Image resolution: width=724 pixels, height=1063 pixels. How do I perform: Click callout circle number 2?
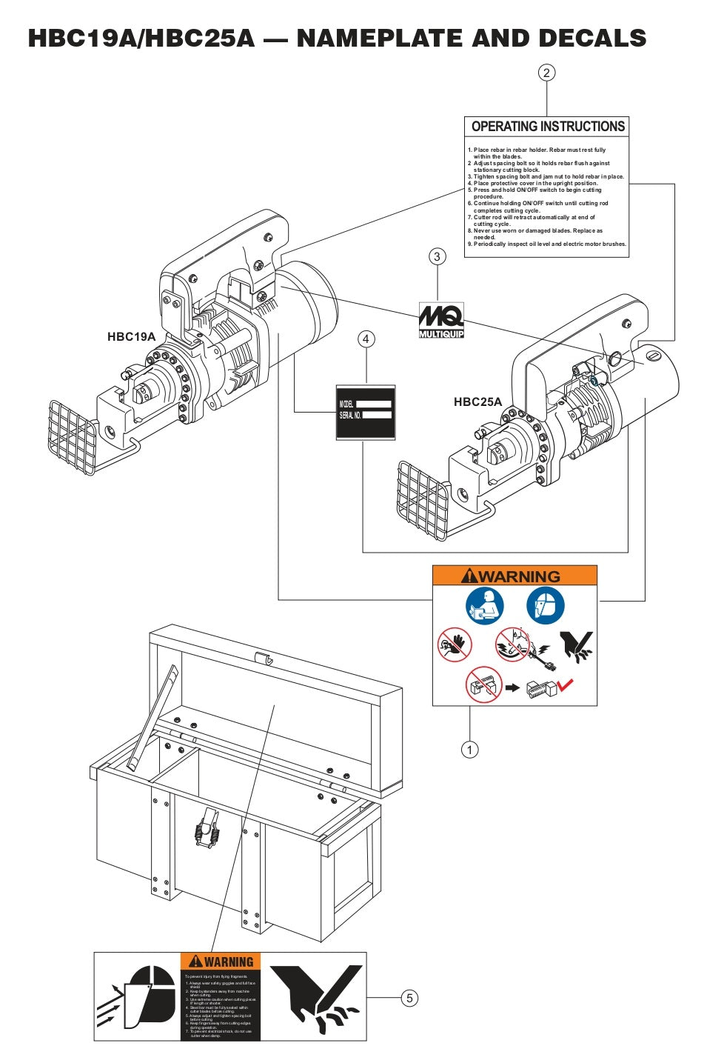[546, 73]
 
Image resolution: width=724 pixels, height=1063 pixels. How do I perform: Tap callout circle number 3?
[437, 257]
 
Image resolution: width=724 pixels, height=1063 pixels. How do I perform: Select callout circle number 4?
[366, 339]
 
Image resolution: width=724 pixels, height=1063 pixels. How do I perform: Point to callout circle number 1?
[469, 750]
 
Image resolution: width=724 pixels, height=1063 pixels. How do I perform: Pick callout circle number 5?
[409, 998]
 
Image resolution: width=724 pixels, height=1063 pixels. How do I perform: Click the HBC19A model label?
[131, 337]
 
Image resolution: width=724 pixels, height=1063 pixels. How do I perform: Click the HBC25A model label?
[477, 402]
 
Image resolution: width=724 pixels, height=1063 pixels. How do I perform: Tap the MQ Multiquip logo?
[441, 320]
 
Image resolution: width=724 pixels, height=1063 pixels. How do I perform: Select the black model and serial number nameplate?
[366, 412]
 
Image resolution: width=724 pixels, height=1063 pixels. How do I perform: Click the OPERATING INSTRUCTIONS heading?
[548, 127]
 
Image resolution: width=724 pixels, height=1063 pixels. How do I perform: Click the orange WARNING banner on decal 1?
[514, 576]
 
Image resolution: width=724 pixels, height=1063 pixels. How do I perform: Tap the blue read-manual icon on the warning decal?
[485, 606]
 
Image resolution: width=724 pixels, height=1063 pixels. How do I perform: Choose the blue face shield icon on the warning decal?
[546, 606]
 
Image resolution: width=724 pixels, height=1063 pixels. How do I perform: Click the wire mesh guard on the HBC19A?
[72, 438]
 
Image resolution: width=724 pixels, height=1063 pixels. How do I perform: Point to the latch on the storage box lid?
[263, 659]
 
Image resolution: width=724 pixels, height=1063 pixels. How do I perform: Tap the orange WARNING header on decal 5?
[221, 962]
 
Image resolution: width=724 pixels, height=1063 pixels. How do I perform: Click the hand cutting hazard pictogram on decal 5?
[317, 997]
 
